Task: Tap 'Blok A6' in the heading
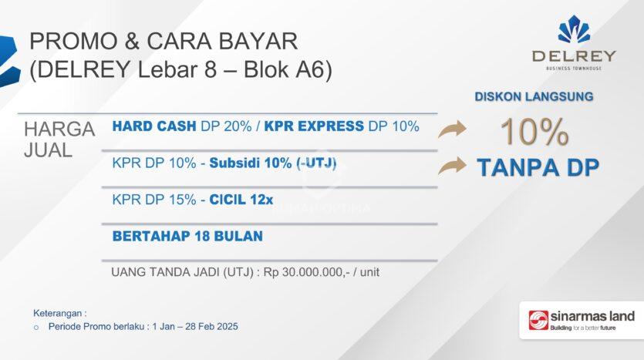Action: pyautogui.click(x=288, y=69)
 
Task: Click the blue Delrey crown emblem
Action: pyautogui.click(x=574, y=29)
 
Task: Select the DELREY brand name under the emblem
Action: pyautogui.click(x=574, y=56)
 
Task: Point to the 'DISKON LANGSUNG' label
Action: pyautogui.click(x=534, y=97)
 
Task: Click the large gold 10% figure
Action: pyautogui.click(x=534, y=132)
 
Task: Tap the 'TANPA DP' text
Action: pyautogui.click(x=538, y=167)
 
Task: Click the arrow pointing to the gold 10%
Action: pyautogui.click(x=452, y=130)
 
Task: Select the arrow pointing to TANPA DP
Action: pyautogui.click(x=452, y=166)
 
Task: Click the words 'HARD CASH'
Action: pyautogui.click(x=154, y=126)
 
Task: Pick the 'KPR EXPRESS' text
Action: pyautogui.click(x=314, y=126)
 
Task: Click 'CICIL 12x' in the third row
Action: pyautogui.click(x=241, y=200)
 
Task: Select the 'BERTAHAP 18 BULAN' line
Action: pyautogui.click(x=187, y=236)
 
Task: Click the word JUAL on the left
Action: pyautogui.click(x=48, y=150)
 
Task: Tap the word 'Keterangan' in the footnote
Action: pyautogui.click(x=58, y=313)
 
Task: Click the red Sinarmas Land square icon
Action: pyautogui.click(x=538, y=320)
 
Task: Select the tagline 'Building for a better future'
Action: pyautogui.click(x=583, y=328)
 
